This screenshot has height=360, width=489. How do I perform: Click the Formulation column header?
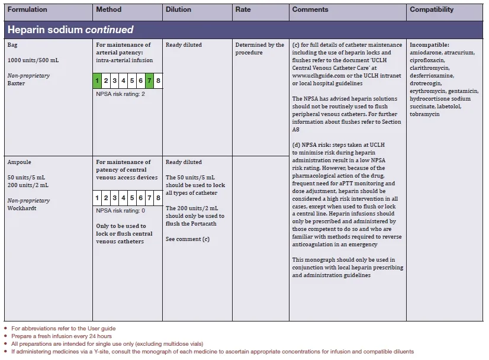(27, 9)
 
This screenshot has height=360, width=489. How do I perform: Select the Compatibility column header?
(432, 9)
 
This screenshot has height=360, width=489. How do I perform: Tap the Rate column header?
(243, 9)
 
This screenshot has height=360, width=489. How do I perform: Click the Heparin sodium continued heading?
(70, 30)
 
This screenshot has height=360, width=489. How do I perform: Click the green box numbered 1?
(98, 81)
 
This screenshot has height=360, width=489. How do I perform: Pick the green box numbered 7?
(150, 81)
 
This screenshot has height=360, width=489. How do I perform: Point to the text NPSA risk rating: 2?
(120, 94)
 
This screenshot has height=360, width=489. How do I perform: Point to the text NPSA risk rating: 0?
(120, 211)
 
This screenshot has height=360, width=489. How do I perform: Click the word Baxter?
(17, 83)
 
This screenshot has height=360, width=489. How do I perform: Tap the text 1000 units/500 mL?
(33, 60)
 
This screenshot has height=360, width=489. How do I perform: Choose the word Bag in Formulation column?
(12, 45)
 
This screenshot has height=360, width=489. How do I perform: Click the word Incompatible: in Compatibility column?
(429, 45)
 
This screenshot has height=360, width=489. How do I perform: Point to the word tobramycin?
(424, 114)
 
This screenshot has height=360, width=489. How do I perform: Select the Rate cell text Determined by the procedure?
(259, 49)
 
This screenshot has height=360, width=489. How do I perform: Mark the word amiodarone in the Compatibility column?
(426, 53)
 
